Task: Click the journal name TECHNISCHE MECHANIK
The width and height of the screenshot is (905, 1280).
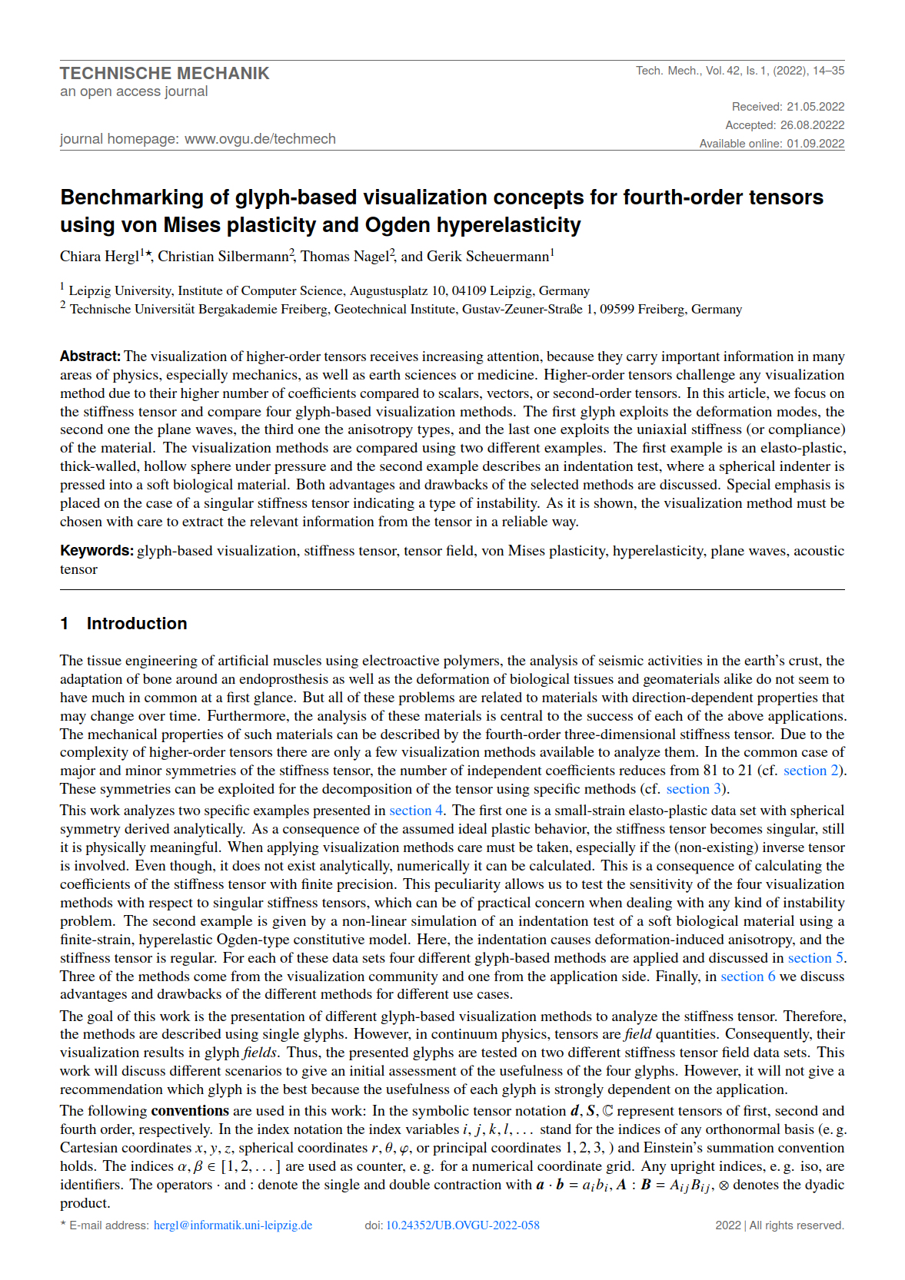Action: click(x=165, y=74)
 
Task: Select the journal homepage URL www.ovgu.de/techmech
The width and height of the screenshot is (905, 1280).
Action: click(x=260, y=139)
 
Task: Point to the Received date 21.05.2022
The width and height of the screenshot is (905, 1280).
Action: click(x=815, y=107)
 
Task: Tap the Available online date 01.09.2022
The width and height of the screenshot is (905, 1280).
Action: click(x=815, y=144)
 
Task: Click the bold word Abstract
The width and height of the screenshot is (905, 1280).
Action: click(x=90, y=356)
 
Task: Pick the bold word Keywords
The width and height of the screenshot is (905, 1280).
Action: click(x=97, y=551)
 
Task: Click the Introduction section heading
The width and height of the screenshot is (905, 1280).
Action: click(x=136, y=624)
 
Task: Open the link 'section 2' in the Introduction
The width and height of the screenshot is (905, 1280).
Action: click(x=813, y=771)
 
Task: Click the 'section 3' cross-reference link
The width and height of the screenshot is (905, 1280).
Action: click(x=695, y=789)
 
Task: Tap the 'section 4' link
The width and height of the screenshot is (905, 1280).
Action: click(x=416, y=811)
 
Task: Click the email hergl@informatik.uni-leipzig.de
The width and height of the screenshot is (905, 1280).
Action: click(x=233, y=1225)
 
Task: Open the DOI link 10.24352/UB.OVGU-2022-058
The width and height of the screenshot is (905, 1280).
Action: click(x=462, y=1225)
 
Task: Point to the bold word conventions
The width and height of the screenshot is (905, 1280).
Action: click(x=190, y=1111)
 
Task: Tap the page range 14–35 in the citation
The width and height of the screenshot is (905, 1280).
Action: click(x=828, y=71)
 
